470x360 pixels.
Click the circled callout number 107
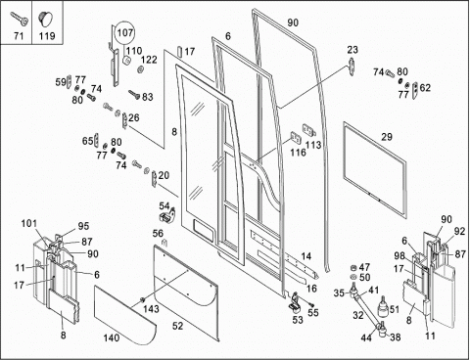[125, 32]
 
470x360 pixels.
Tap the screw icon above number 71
[19, 18]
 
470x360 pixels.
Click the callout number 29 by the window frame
[387, 137]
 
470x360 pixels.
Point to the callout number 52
[177, 326]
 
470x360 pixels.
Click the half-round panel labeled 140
[125, 316]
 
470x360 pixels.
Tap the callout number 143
[151, 308]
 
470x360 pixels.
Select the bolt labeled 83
[134, 95]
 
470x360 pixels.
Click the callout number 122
[149, 60]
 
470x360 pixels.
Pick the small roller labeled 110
[126, 61]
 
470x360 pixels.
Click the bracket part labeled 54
[167, 215]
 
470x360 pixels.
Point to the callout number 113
[313, 145]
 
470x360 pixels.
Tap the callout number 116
[299, 153]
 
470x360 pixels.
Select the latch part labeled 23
[352, 67]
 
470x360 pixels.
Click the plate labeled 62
[415, 91]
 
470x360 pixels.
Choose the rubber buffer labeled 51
[383, 306]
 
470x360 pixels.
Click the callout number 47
[364, 267]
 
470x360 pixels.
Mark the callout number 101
[29, 224]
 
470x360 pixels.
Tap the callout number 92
[459, 231]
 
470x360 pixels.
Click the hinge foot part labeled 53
[296, 302]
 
